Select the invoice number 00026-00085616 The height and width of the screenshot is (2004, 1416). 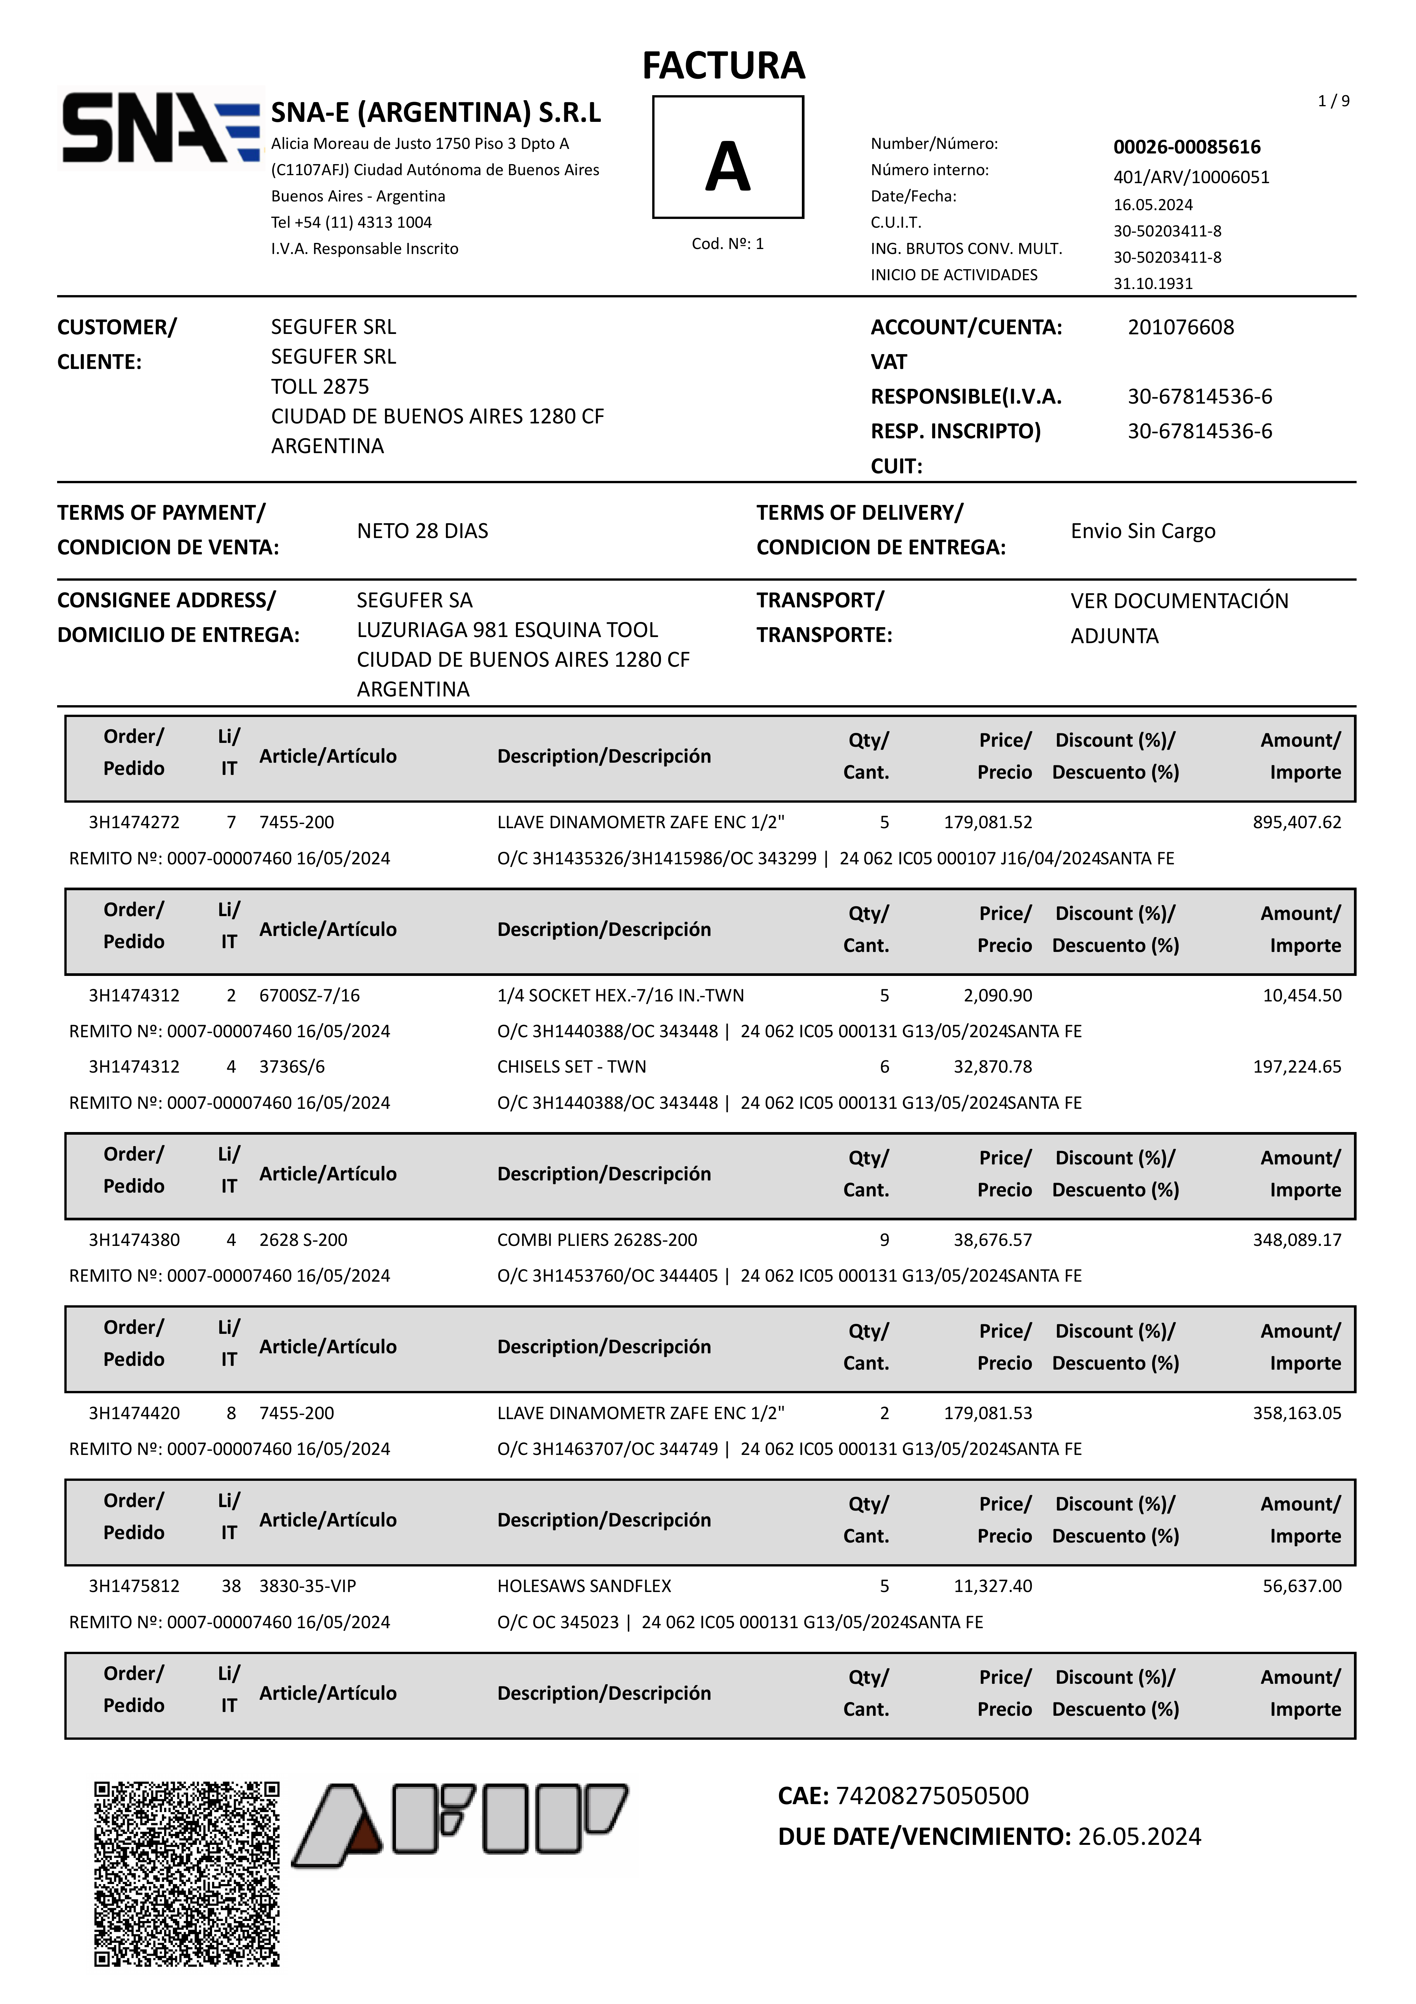pyautogui.click(x=1186, y=147)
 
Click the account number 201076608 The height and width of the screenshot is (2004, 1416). pyautogui.click(x=1180, y=327)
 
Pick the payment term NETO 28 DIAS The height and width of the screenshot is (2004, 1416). pyautogui.click(x=423, y=531)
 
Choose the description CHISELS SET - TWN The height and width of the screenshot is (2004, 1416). pyautogui.click(x=572, y=1067)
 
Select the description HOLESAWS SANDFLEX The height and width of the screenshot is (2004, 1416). pyautogui.click(x=584, y=1586)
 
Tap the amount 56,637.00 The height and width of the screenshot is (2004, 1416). pyautogui.click(x=1302, y=1586)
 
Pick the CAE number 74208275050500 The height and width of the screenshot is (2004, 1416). pyautogui.click(x=931, y=1795)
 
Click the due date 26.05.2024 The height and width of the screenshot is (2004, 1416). pyautogui.click(x=1139, y=1836)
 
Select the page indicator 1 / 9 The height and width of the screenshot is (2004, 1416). pyautogui.click(x=1333, y=101)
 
